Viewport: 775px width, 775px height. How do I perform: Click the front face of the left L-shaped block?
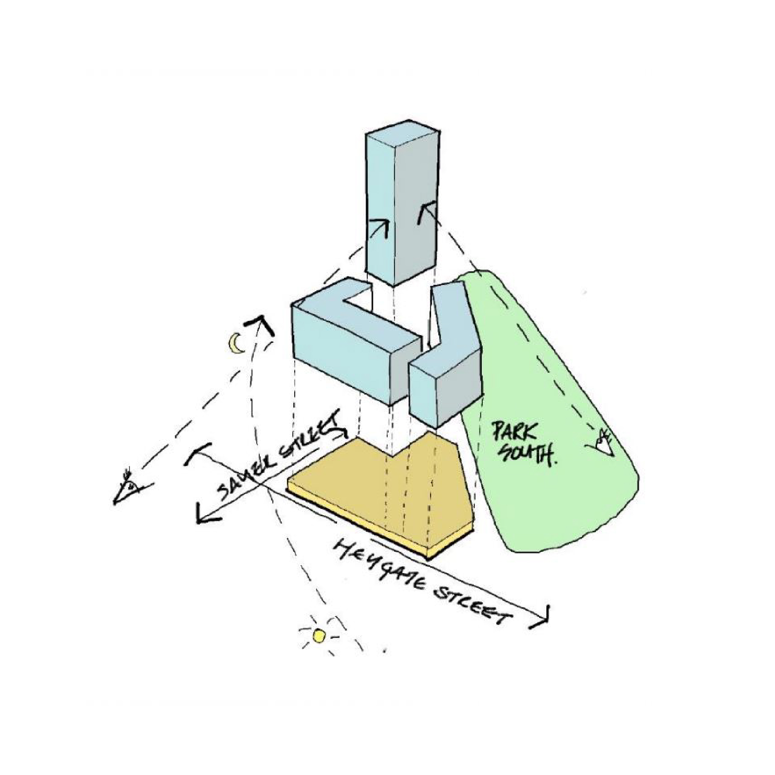point(341,353)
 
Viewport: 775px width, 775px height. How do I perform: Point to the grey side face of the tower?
point(415,209)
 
